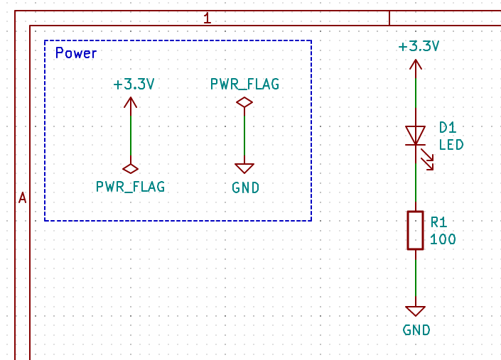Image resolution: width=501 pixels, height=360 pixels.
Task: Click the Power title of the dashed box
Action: [x=76, y=53]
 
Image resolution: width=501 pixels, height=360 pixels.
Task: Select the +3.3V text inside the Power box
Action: [x=134, y=84]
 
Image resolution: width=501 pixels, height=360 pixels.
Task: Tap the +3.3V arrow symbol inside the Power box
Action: [x=131, y=103]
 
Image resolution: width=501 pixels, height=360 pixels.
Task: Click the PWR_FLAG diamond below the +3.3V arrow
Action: [x=131, y=169]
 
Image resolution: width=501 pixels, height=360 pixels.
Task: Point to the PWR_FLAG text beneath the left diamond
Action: [x=131, y=187]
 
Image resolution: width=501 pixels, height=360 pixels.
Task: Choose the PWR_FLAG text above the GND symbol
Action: [x=244, y=84]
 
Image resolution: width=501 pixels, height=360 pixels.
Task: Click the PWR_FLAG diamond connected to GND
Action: [x=244, y=103]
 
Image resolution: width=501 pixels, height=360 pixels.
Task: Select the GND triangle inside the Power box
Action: [x=244, y=168]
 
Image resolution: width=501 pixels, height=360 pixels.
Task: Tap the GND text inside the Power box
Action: [x=245, y=188]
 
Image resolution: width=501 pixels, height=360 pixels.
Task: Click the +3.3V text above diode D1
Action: [x=419, y=47]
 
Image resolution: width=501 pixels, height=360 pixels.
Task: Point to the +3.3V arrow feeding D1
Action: [x=416, y=65]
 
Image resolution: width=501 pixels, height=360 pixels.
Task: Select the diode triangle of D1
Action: [x=416, y=135]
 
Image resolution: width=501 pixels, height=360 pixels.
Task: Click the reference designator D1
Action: [x=448, y=128]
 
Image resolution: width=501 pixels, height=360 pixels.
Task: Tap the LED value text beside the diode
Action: [x=451, y=145]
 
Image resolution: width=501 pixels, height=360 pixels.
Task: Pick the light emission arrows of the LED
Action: [x=427, y=160]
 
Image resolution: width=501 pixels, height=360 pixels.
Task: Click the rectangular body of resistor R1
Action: [x=416, y=230]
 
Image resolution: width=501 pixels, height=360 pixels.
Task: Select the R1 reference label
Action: [x=440, y=222]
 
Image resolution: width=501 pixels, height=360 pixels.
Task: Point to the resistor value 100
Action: [x=443, y=239]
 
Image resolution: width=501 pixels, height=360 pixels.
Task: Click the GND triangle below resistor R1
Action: [x=416, y=311]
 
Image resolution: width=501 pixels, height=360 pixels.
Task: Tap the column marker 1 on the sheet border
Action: [x=208, y=18]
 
